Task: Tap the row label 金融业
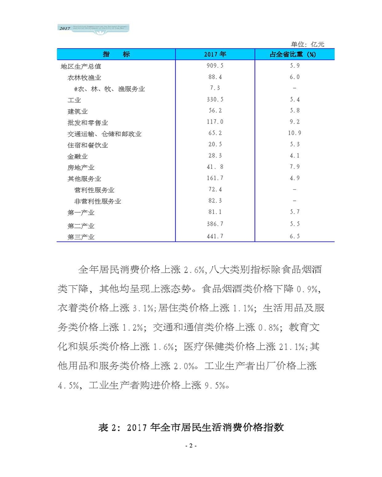(x=78, y=156)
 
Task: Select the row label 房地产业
(x=81, y=167)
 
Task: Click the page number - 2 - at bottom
(x=191, y=446)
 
